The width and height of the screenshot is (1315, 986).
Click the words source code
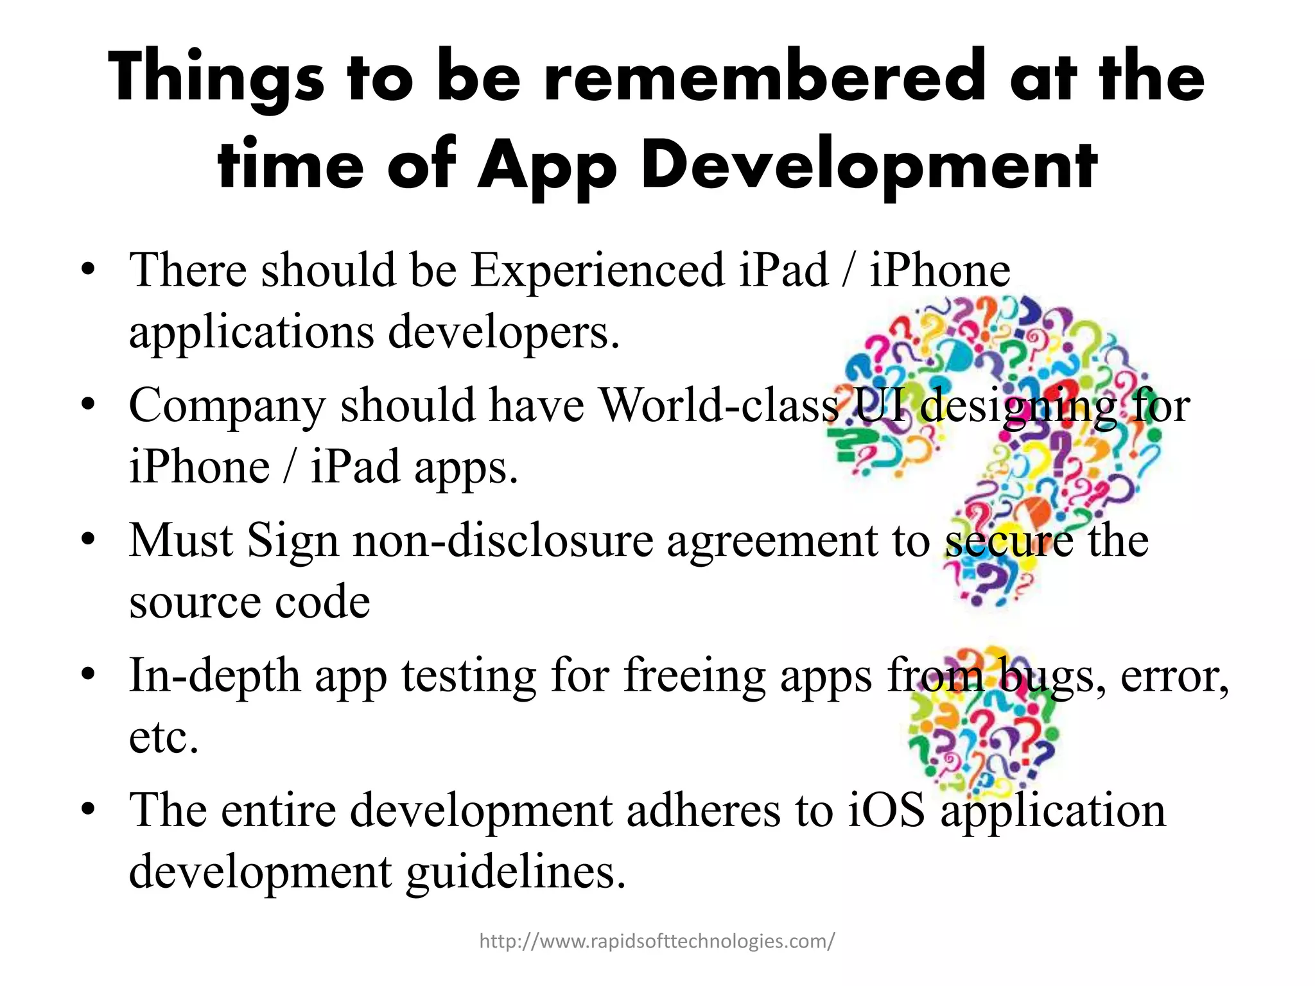249,601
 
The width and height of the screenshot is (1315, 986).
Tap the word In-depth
214,677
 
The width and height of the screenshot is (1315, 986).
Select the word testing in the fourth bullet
468,677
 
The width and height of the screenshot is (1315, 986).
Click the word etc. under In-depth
163,738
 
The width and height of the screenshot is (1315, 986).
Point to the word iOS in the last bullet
886,810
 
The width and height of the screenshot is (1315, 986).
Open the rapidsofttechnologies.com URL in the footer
657,941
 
